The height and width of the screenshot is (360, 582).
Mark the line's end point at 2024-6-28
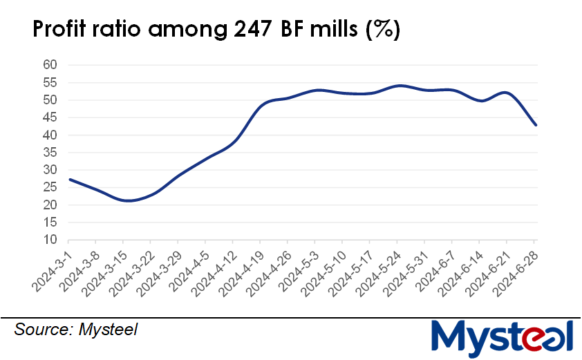pos(536,125)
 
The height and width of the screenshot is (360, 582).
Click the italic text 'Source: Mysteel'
pos(76,330)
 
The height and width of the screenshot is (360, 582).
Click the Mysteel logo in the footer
pos(503,337)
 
